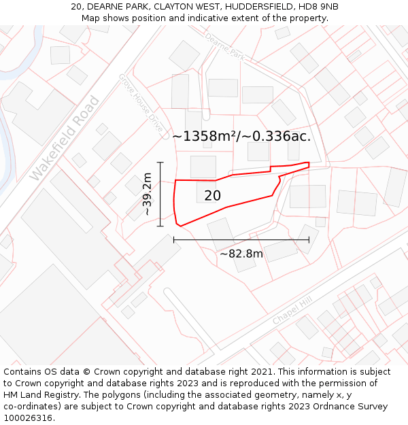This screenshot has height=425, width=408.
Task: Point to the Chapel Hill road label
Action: coord(292,311)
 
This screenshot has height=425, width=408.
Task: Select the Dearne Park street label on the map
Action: coord(224,46)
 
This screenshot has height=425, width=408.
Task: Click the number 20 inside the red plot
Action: coord(213,196)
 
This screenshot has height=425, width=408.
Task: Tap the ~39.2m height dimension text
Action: coord(147,194)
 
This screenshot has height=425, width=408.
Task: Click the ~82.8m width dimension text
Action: coord(241,254)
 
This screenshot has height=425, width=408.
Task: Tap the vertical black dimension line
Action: coord(160,194)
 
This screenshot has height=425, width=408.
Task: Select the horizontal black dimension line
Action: coord(241,239)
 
